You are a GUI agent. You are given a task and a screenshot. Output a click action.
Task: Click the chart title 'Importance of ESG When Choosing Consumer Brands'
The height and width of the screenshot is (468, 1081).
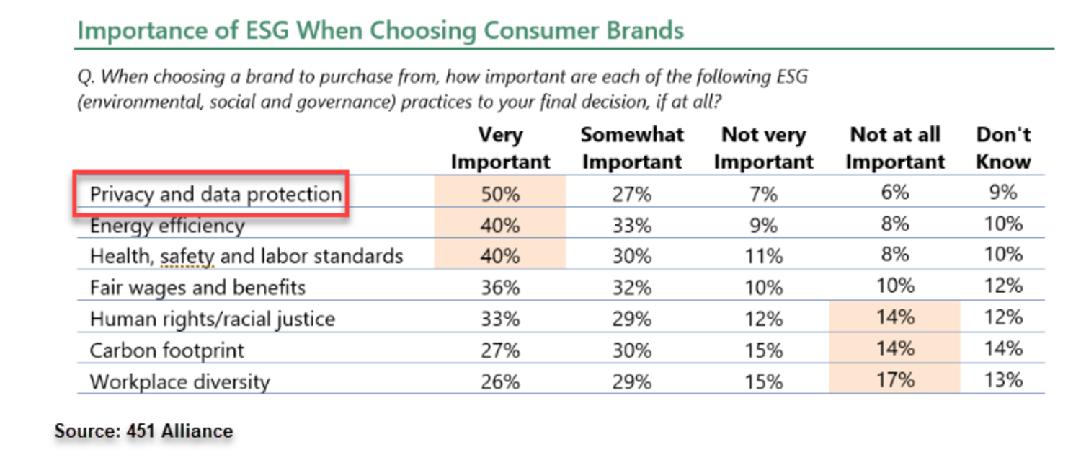pos(381,30)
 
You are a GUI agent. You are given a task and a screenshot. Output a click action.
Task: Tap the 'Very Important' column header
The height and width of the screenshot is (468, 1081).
pos(500,148)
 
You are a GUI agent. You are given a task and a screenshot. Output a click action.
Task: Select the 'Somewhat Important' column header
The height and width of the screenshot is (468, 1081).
pos(632,148)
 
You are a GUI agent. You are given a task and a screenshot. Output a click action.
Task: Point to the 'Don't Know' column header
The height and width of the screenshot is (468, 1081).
pos(1003,148)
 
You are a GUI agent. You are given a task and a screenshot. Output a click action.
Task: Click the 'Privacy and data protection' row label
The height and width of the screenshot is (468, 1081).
pos(215,194)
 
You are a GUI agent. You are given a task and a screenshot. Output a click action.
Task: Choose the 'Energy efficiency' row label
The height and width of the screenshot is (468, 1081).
pos(167,226)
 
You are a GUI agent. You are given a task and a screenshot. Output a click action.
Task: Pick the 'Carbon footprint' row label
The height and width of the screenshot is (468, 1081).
pos(167,350)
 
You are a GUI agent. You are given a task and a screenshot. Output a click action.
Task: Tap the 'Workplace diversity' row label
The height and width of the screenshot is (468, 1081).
pos(180,381)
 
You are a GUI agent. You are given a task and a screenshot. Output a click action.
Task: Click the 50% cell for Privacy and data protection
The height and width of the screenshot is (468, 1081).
pos(500,194)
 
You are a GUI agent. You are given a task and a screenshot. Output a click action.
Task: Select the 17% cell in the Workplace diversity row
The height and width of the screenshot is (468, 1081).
pos(895,380)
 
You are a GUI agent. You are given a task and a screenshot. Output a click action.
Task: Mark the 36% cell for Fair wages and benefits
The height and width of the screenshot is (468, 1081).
pos(500,288)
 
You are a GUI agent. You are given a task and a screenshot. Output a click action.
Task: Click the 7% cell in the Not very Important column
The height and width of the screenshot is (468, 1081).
pos(763,194)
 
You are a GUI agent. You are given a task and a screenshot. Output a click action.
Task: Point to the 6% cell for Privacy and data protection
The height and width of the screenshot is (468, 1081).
pos(895,193)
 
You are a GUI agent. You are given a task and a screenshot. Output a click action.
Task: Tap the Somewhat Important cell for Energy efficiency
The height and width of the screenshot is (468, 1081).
pos(632,226)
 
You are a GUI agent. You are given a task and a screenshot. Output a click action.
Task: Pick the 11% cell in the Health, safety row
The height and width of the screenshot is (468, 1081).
pos(763,256)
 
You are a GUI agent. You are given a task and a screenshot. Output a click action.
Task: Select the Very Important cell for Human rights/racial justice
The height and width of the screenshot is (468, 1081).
pos(500,319)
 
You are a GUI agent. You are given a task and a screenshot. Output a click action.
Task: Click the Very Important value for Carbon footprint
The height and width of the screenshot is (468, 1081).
pos(500,350)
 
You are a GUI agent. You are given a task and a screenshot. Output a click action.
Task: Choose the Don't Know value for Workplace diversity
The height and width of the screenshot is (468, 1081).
pos(1003,380)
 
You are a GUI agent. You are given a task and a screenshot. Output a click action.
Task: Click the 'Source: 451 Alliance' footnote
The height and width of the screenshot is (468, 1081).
pos(144,431)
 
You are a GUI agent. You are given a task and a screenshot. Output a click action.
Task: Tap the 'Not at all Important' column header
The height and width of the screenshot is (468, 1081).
pos(895,148)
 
